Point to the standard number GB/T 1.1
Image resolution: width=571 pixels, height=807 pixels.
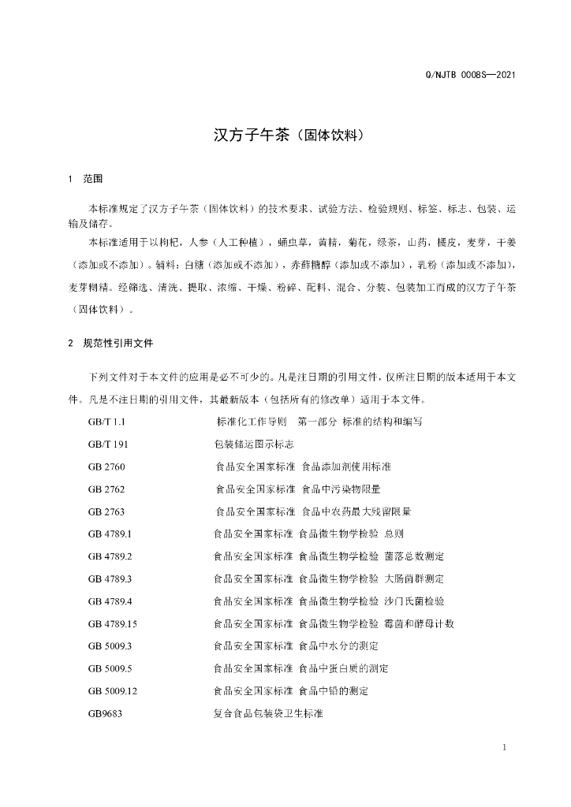107,422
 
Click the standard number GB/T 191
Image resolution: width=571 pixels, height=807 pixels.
108,444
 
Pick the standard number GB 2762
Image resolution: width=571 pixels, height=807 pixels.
106,489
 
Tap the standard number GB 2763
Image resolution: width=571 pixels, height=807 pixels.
106,511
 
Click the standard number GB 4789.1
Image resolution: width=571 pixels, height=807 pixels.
110,534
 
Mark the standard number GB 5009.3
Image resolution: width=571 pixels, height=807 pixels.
110,645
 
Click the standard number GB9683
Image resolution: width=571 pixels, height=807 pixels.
106,713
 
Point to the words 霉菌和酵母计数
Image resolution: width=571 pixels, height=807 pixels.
420,623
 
